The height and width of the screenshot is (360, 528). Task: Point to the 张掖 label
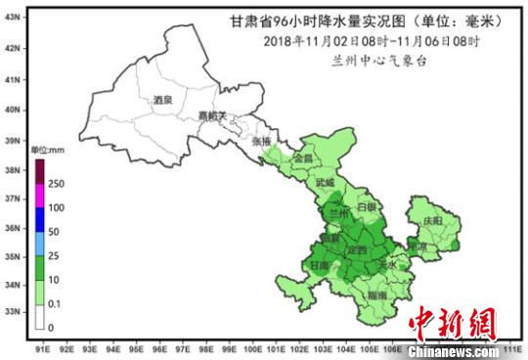click(x=261, y=142)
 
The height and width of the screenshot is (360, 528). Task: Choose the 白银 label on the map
click(x=367, y=208)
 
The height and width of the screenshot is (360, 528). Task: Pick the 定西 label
click(x=358, y=250)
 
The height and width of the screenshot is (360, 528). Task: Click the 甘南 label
click(x=319, y=265)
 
